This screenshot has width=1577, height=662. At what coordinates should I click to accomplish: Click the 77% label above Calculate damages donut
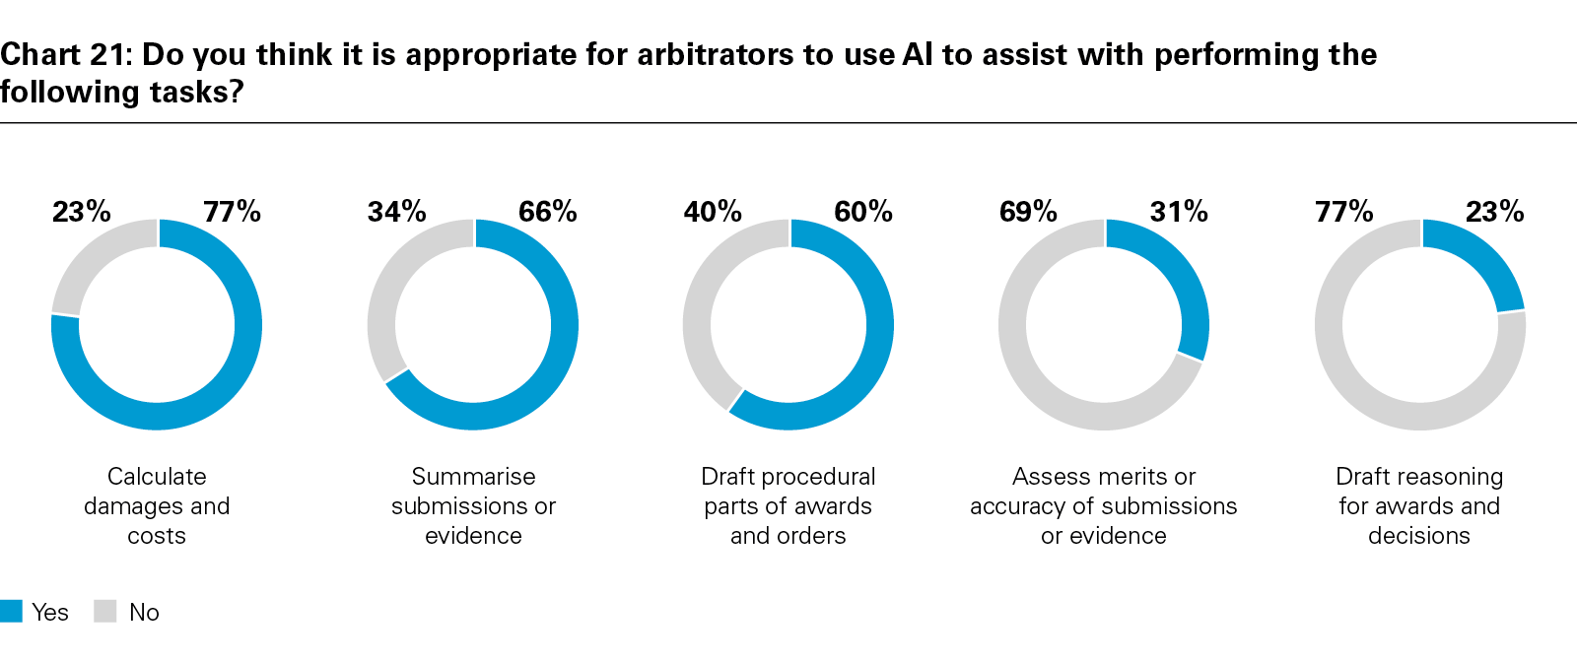[232, 211]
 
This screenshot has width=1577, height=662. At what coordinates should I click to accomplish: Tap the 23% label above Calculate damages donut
[82, 211]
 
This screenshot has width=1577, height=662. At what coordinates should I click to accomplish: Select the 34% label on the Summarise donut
[397, 211]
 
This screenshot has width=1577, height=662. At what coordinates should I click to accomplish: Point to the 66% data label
[548, 211]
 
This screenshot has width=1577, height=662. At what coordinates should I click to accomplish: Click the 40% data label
[713, 211]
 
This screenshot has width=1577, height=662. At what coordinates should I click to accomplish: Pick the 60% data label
[863, 211]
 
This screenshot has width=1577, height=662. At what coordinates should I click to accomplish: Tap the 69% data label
[1028, 211]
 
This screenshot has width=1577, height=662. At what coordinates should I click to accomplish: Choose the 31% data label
[1179, 211]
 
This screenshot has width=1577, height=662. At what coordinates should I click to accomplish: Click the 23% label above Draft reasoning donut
[1494, 211]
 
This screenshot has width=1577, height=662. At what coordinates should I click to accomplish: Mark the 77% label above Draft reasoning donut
[1344, 211]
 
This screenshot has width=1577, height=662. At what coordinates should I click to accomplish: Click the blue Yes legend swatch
[11, 611]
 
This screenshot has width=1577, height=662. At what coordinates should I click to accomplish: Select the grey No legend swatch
[105, 611]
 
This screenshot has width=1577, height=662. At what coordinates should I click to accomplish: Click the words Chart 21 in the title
[65, 54]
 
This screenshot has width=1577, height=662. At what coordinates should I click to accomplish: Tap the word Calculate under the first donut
[157, 477]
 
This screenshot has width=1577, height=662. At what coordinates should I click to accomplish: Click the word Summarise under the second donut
[473, 477]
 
